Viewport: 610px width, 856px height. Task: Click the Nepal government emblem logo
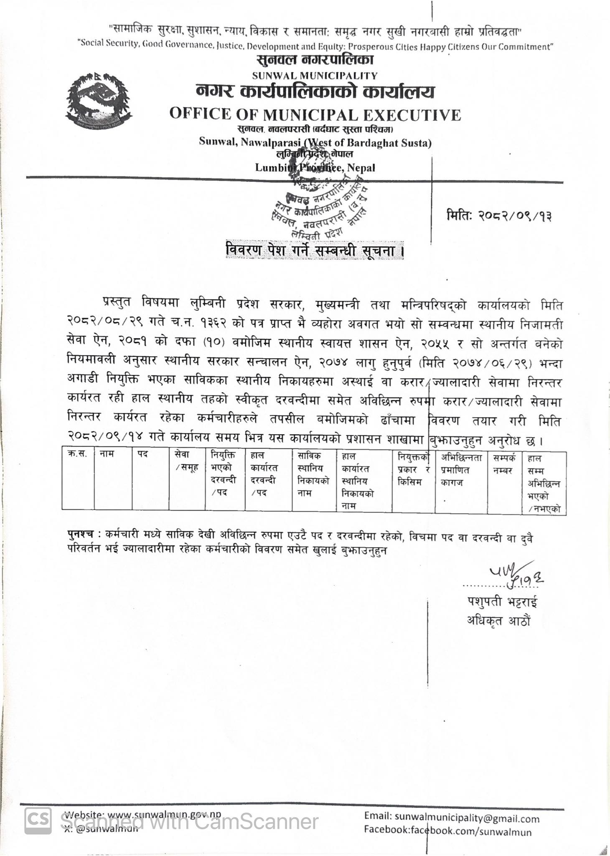pos(99,101)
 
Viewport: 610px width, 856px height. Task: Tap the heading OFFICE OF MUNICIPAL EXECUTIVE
pos(315,115)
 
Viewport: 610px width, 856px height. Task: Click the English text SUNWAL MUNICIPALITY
pos(315,76)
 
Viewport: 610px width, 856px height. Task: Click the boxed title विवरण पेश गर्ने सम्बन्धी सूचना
pos(314,251)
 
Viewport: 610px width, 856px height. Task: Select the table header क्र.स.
pos(77,454)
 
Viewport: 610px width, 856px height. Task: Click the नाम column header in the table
pos(107,454)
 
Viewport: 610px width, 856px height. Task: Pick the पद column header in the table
pos(143,454)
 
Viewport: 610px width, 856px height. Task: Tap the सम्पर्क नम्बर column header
pos(504,464)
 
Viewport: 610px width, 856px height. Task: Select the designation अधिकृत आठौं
pos(498,621)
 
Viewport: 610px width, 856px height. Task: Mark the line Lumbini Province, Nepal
pos(315,168)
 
